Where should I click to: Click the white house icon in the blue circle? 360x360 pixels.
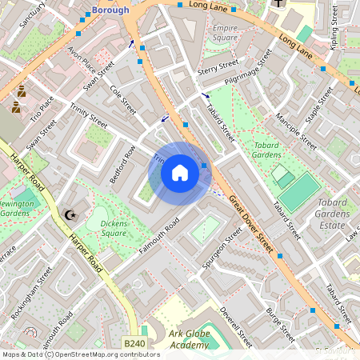[x=180, y=173]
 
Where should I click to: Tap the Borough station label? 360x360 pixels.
[x=110, y=10]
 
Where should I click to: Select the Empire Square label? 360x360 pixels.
[x=226, y=33]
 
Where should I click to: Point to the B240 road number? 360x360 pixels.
[x=134, y=343]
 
